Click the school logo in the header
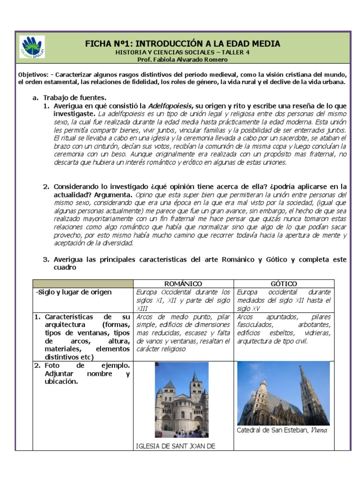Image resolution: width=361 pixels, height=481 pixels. pos(32,47)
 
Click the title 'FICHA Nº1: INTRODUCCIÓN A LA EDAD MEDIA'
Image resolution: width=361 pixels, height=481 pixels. pos(182,44)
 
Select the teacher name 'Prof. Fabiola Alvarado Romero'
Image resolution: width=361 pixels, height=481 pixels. pos(182,60)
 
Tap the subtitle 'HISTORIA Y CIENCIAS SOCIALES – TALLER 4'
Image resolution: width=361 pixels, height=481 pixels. pos(182,52)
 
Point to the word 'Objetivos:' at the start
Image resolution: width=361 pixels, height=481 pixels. pos(32,75)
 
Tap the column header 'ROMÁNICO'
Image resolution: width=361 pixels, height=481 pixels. pos(183,284)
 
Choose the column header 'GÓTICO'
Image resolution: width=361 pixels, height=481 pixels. pos(284,284)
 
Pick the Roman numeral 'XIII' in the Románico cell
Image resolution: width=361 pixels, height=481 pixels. pos(142,308)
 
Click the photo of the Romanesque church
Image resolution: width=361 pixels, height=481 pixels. pos(181,400)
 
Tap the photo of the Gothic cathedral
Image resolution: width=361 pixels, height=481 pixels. pos(283,394)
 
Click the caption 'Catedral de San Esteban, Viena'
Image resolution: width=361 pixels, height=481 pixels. pos(282,430)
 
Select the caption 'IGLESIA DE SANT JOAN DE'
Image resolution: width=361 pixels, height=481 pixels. pos(175,446)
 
